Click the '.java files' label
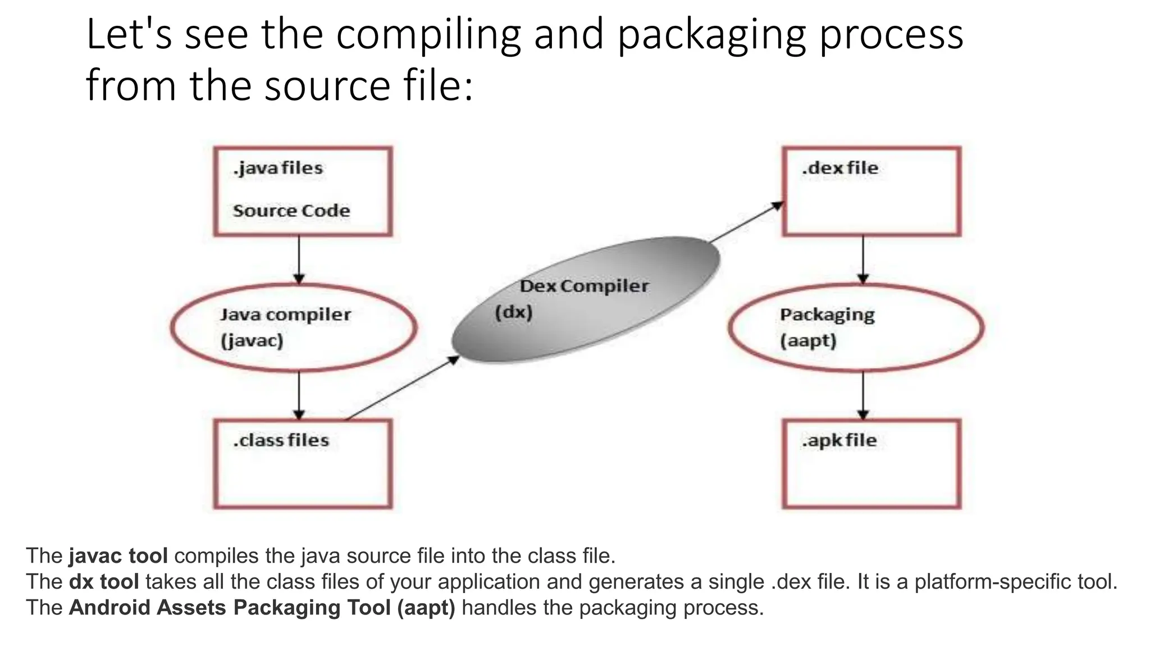pos(278,168)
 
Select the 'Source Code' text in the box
pos(291,211)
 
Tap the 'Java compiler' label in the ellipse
pos(285,315)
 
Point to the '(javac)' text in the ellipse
pos(252,341)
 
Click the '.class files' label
pos(281,440)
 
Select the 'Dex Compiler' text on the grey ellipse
pos(584,286)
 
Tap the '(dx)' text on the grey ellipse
pos(513,312)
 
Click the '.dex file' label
pos(839,168)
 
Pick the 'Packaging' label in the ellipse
pos(827,315)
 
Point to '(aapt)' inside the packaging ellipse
pos(808,341)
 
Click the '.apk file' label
pos(839,440)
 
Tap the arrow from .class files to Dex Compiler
pos(401,389)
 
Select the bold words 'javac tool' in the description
pos(118,556)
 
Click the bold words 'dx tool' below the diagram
pos(104,582)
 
